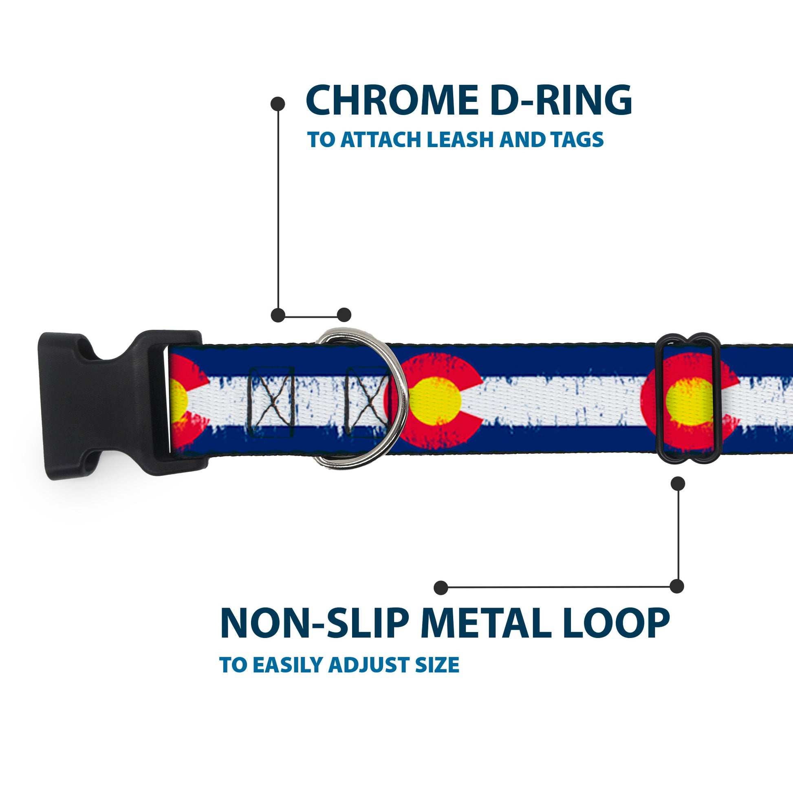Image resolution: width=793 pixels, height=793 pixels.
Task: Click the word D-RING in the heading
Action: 561,101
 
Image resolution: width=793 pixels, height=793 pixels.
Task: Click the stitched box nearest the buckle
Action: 271,402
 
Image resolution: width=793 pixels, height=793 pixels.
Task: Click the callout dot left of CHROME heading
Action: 278,104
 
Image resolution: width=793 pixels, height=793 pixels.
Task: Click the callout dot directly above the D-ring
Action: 344,315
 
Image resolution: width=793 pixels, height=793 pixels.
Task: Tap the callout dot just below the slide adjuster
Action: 678,484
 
